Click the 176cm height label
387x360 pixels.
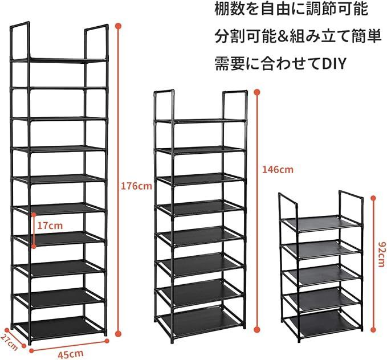click(x=136, y=186)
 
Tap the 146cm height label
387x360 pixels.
click(x=278, y=170)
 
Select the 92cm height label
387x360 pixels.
click(x=381, y=254)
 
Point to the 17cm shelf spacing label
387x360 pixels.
click(x=50, y=226)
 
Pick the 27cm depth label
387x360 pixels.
click(x=9, y=342)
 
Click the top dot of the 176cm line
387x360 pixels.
click(x=119, y=26)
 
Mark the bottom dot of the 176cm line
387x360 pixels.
click(x=119, y=334)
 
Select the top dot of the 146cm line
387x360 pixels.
click(x=257, y=92)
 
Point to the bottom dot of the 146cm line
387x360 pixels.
click(x=257, y=329)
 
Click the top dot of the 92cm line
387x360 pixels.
click(x=373, y=198)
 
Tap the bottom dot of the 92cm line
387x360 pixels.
click(x=373, y=329)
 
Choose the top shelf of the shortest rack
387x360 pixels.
click(x=322, y=222)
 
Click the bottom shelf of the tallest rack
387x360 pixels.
click(x=60, y=326)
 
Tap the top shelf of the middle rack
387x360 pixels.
click(x=200, y=121)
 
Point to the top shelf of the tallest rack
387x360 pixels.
click(x=59, y=60)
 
